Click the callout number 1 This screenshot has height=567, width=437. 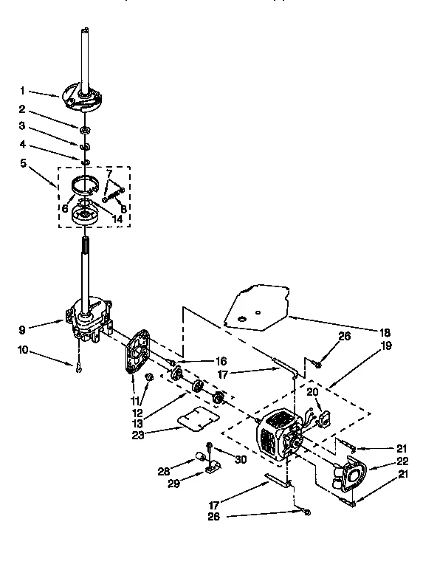[22, 91]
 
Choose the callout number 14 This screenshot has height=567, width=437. [117, 219]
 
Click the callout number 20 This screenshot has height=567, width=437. [312, 391]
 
